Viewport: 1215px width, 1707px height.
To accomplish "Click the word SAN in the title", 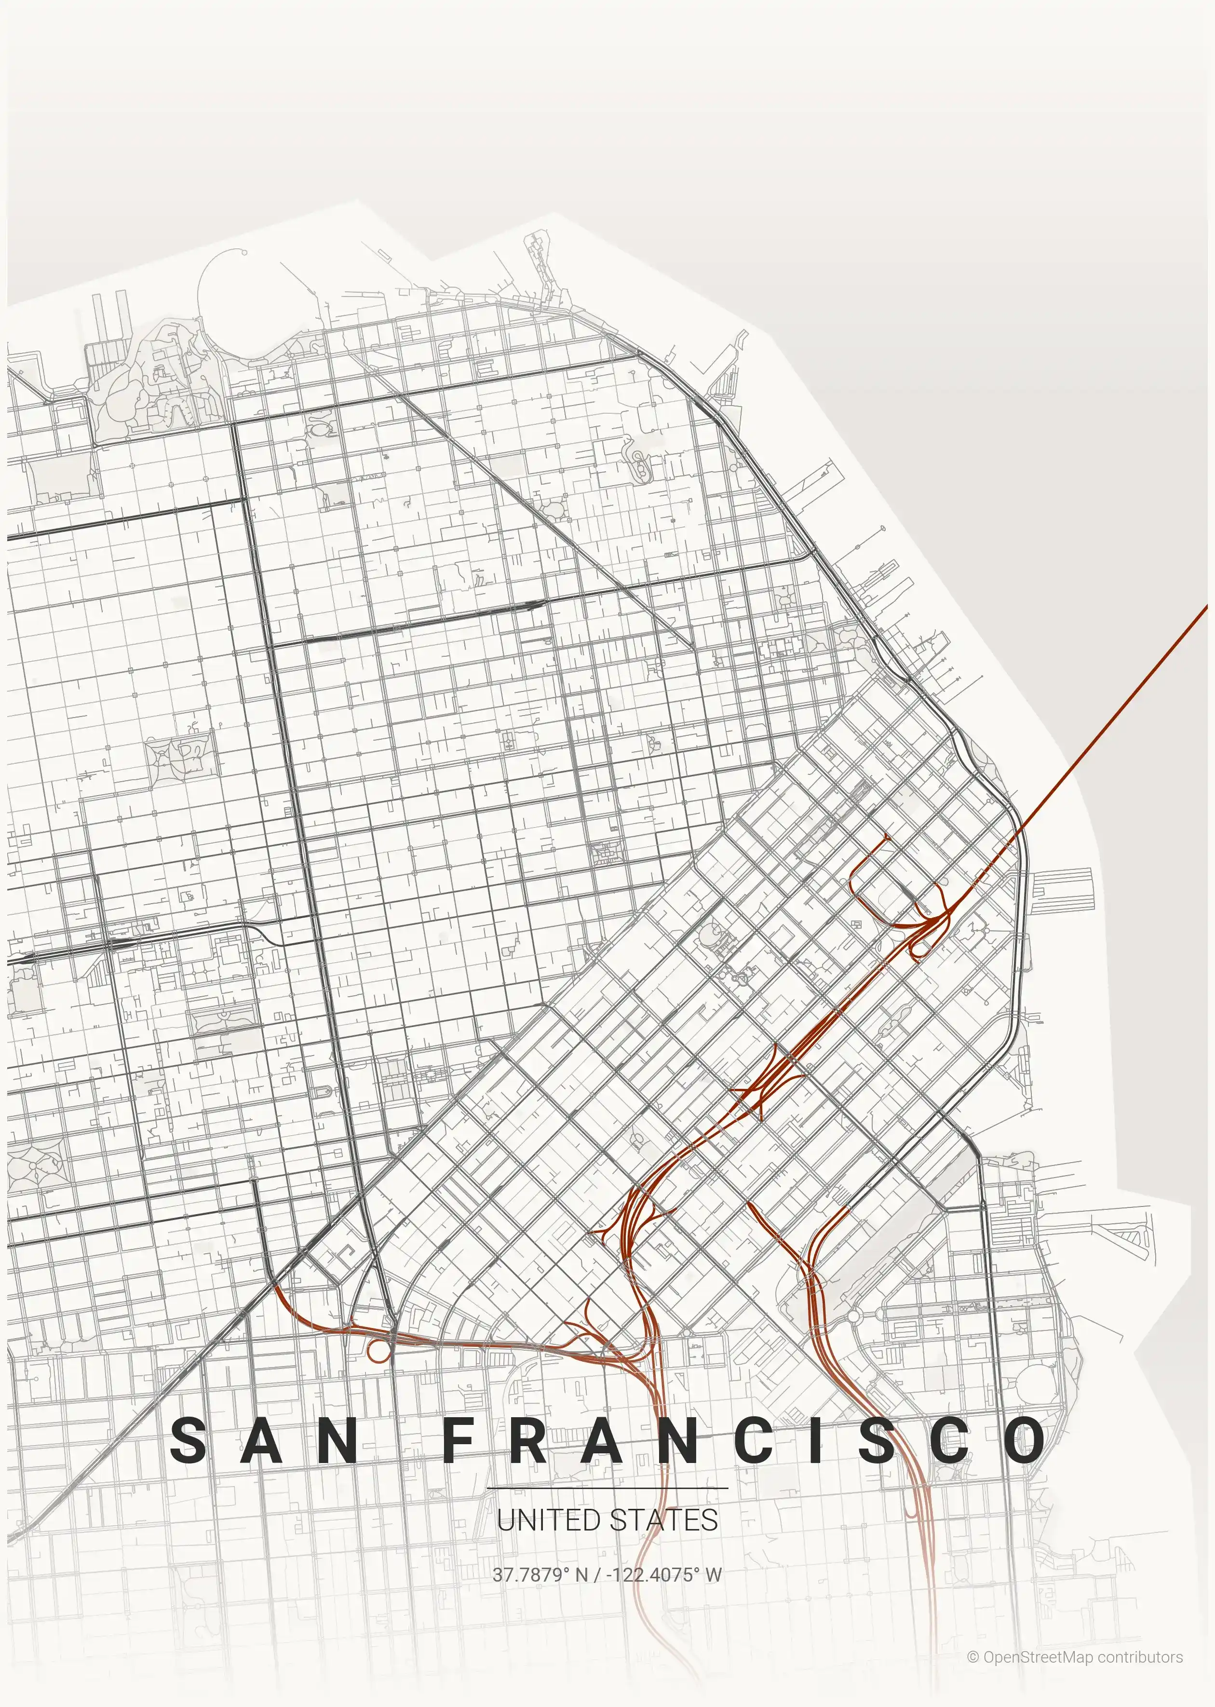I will pos(263,1440).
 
